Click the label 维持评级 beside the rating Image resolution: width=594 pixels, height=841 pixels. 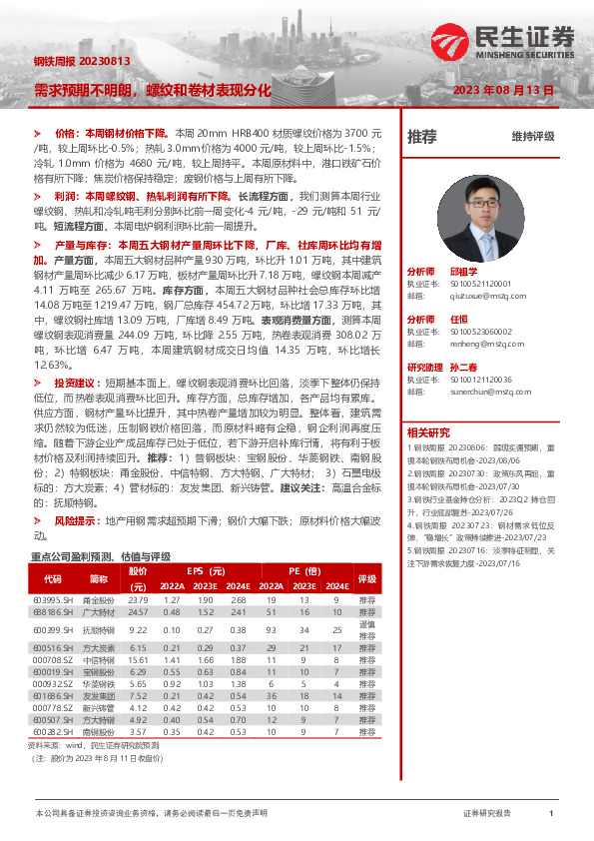(x=532, y=137)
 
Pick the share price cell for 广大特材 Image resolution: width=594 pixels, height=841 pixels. (x=138, y=611)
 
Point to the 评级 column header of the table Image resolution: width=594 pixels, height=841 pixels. (x=367, y=578)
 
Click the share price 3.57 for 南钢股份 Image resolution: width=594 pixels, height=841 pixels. (x=138, y=732)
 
